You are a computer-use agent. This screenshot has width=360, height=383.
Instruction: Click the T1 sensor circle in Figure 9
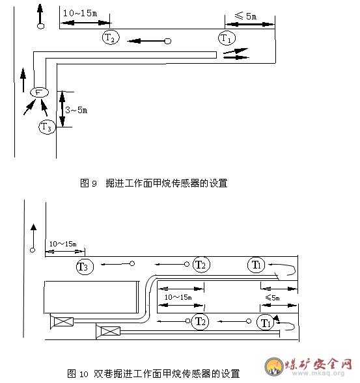pos(227,38)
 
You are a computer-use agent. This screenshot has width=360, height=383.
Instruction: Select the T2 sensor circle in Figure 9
pos(111,37)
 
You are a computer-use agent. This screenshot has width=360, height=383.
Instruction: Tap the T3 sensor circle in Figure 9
pos(47,127)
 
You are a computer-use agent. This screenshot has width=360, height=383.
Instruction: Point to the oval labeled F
pos(39,92)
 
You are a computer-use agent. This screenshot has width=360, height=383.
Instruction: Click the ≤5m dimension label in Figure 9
pos(245,16)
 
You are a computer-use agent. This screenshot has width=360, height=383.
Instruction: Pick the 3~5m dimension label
pos(76,110)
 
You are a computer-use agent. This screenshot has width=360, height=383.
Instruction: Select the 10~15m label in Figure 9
pos(80,13)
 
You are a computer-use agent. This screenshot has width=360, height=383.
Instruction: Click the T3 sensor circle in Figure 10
pos(85,266)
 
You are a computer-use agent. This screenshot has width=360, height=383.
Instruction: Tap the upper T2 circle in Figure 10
pos(201,265)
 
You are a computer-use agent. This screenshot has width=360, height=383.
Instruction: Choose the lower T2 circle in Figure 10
pos(200,321)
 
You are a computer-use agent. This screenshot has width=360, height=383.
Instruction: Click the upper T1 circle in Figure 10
pos(256,265)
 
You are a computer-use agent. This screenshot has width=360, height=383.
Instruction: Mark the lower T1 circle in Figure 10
pos(266,323)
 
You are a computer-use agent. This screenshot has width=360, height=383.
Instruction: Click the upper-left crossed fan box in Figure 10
pos(63,321)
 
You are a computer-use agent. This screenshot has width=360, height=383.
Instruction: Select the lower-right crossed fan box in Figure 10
pos(110,332)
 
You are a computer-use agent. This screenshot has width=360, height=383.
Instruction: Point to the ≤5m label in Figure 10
pos(272,298)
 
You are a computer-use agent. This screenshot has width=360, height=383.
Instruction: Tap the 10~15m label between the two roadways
pos(178,297)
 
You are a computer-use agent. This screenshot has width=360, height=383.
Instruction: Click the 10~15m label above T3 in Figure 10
pos(63,244)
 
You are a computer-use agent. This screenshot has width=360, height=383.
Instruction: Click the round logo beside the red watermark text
pos(274,366)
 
